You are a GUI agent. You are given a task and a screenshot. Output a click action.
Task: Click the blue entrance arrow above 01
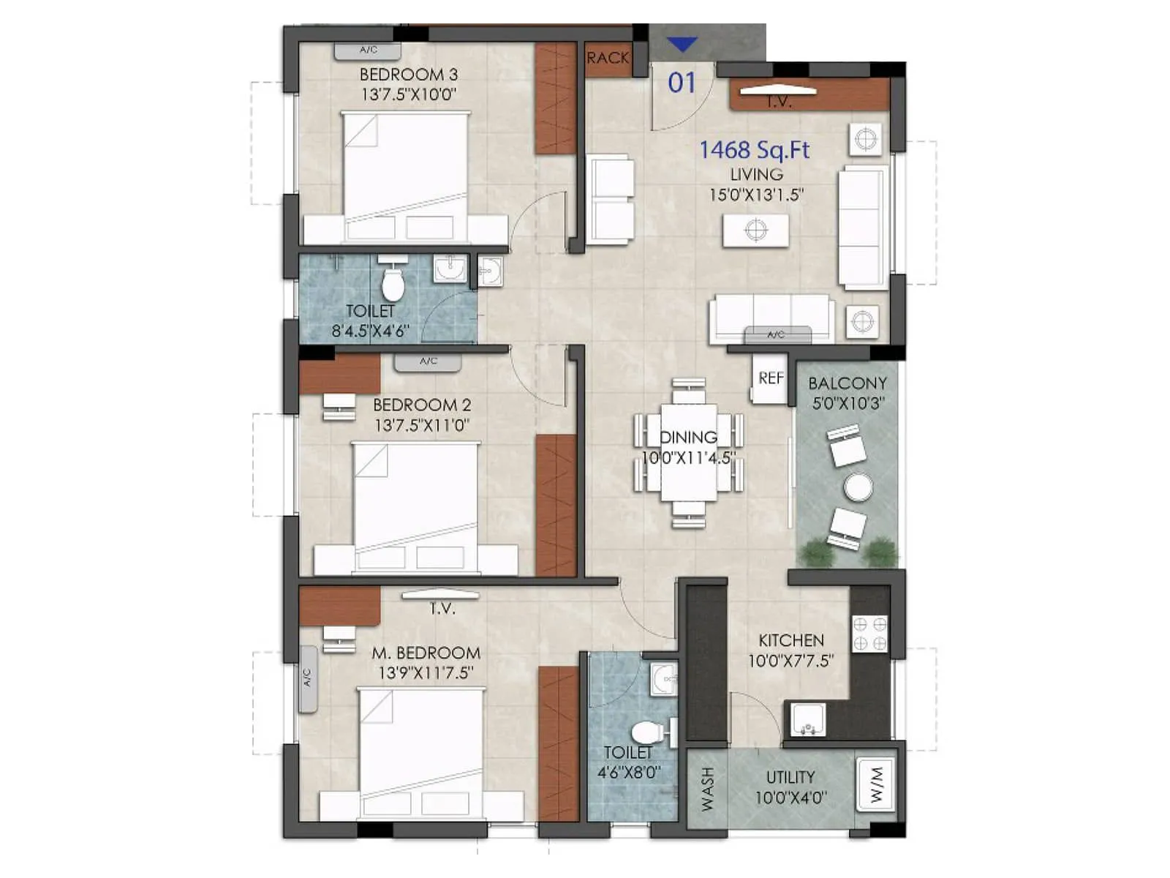click(682, 45)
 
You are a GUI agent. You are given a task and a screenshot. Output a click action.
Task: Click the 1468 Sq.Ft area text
click(755, 150)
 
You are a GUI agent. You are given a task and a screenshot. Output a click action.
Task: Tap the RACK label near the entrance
click(608, 58)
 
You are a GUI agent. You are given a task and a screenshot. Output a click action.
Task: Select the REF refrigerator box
click(770, 378)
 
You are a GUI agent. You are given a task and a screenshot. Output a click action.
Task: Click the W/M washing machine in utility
click(877, 784)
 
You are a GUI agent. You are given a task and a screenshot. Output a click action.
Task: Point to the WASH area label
click(707, 789)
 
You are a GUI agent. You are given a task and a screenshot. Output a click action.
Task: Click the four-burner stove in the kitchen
click(870, 634)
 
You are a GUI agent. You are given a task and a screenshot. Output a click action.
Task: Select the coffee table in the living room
click(755, 230)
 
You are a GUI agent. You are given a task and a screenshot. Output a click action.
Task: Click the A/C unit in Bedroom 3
click(368, 50)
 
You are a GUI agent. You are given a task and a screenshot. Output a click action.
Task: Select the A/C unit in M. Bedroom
click(308, 679)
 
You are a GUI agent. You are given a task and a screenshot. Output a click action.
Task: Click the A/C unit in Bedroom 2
click(428, 361)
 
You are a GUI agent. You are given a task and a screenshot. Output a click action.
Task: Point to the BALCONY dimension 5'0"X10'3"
click(848, 403)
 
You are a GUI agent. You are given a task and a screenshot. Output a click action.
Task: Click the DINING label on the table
click(688, 438)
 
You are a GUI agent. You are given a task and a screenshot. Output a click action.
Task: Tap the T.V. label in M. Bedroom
click(442, 608)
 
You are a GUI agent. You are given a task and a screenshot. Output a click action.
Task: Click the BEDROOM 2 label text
click(422, 405)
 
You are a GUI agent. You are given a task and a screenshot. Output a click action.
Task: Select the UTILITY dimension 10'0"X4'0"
click(790, 798)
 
